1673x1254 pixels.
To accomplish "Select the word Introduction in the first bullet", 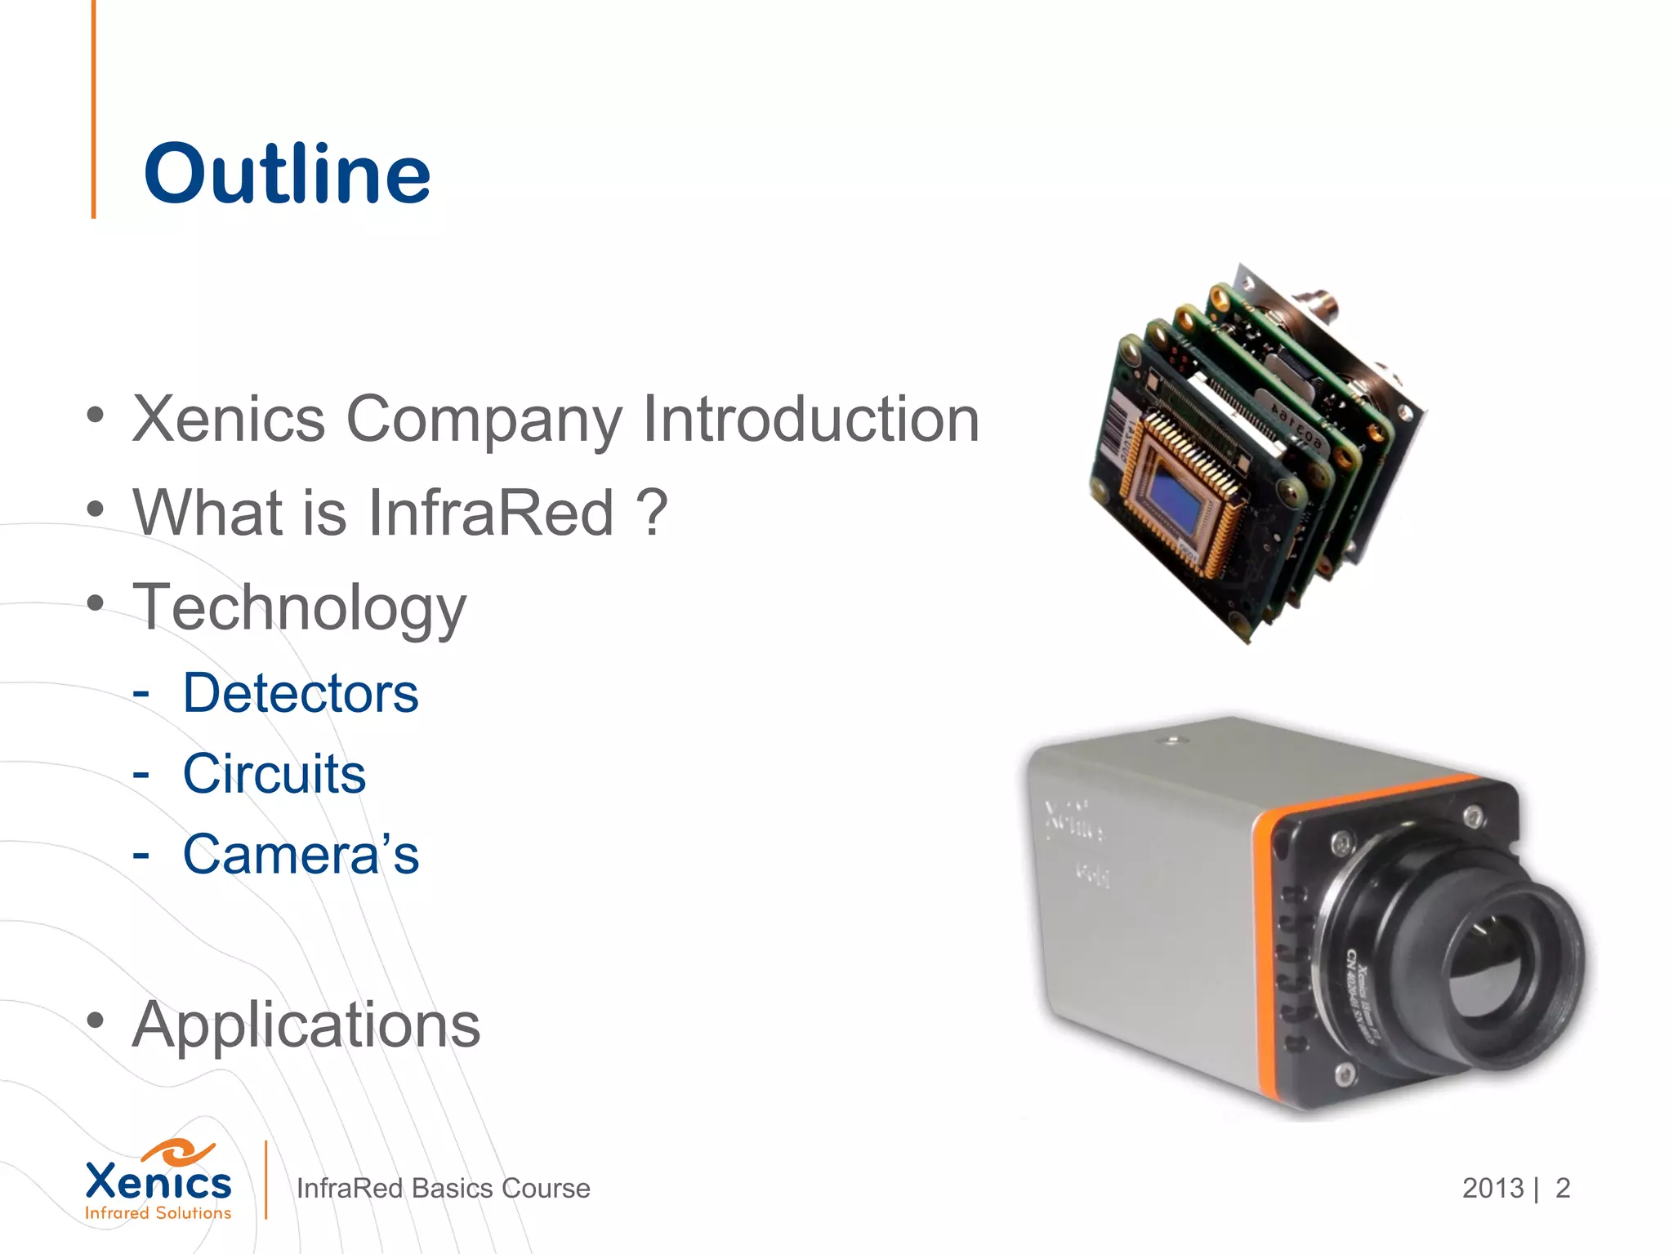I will [x=810, y=419].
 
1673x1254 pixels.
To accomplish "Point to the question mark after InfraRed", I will [x=652, y=513].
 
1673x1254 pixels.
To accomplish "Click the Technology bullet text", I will [x=300, y=608].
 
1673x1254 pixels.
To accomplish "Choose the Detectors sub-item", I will [x=300, y=693].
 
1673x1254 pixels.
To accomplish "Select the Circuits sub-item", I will [x=274, y=773].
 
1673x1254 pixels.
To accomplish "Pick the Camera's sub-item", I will [x=300, y=855].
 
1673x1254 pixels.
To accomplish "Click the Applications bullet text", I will [x=306, y=1025].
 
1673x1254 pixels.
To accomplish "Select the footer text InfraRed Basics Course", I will [x=443, y=1189].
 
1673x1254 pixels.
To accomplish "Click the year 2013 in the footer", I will [x=1492, y=1189].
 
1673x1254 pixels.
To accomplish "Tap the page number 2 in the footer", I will [x=1563, y=1189].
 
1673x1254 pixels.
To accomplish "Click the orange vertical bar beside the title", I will [x=94, y=110].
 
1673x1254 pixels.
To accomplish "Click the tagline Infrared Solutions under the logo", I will [x=158, y=1214].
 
